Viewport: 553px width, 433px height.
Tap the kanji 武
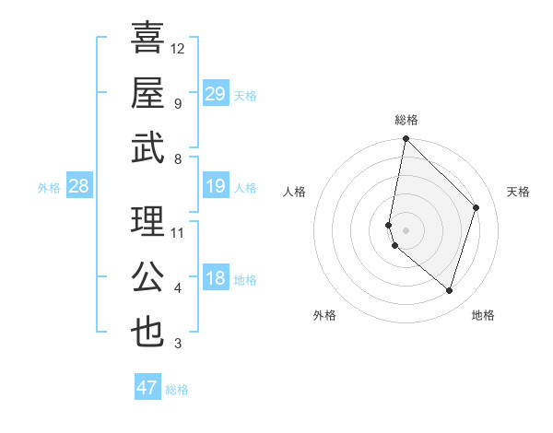coord(147,147)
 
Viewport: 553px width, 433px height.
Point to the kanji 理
coord(147,221)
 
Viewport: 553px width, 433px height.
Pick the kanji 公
coord(147,276)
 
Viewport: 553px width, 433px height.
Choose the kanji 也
coord(147,332)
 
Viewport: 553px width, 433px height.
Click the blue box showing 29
coord(215,94)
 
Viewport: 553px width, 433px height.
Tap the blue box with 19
coord(215,187)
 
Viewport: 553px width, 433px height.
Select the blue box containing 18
coord(215,279)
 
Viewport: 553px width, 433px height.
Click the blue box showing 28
coord(78,187)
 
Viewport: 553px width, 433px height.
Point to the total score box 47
coord(147,388)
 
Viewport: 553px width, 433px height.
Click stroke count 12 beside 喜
coord(178,48)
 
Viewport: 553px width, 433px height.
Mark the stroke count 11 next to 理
coord(178,232)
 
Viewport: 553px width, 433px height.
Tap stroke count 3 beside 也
coord(178,344)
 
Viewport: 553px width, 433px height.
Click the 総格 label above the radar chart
coord(406,120)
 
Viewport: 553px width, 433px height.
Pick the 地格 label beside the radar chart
coord(483,315)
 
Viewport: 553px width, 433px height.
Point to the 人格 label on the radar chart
coord(295,192)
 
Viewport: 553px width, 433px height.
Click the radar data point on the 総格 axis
coord(406,139)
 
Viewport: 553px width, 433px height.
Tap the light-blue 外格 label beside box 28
coord(49,188)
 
